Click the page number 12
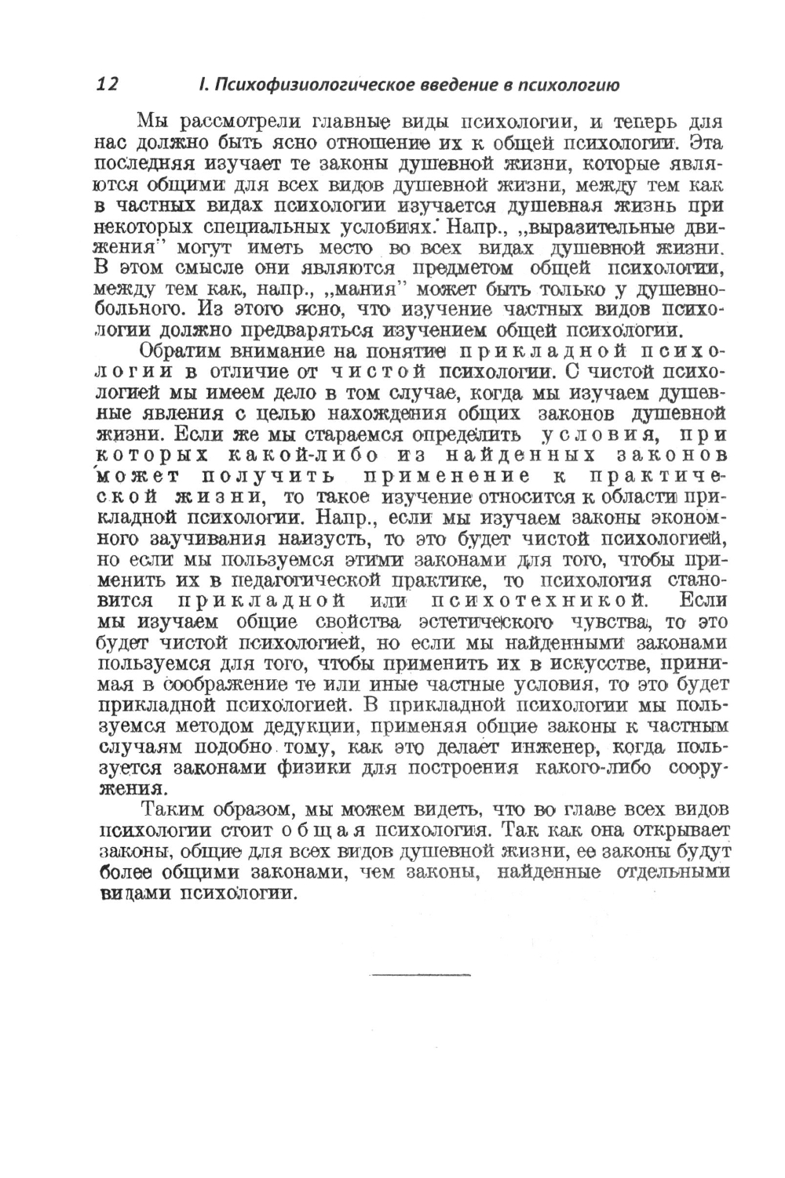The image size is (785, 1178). click(x=107, y=85)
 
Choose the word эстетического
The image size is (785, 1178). click(x=482, y=624)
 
